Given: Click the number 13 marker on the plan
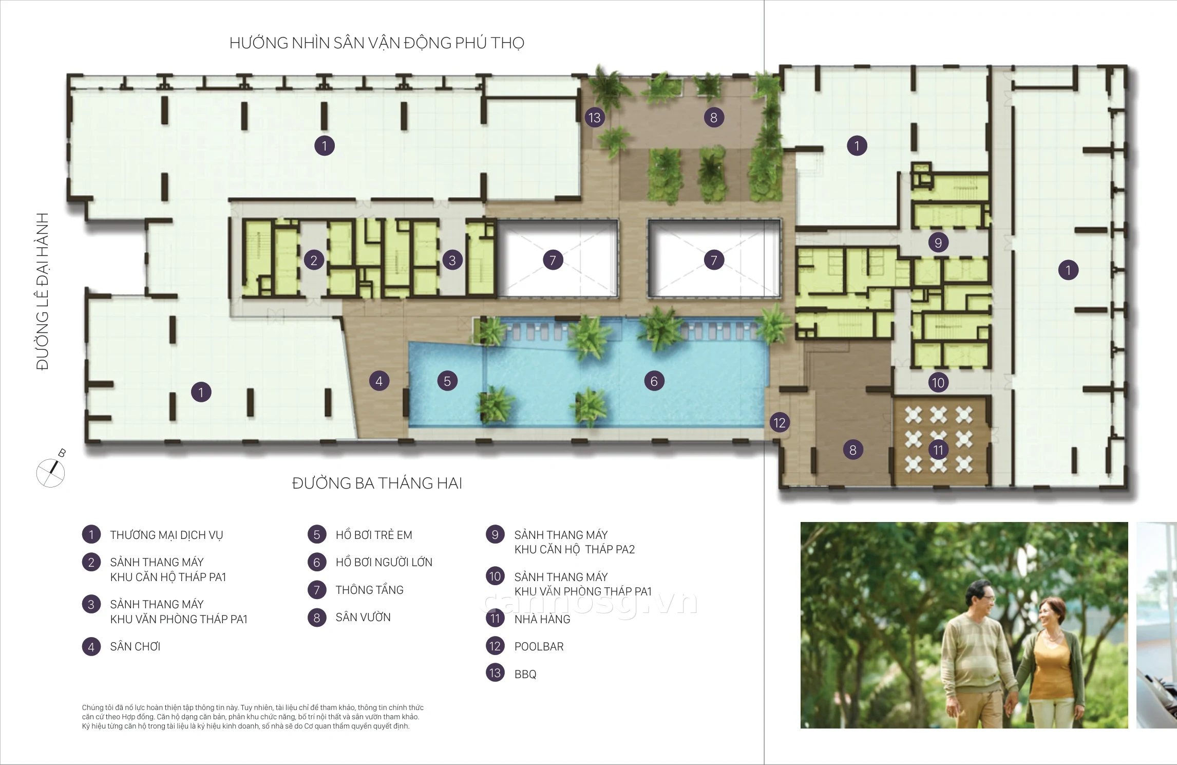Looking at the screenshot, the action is click(595, 118).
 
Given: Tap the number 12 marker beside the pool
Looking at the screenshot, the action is click(780, 423).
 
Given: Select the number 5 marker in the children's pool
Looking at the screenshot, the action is click(447, 381).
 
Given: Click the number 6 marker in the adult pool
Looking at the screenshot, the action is click(654, 381).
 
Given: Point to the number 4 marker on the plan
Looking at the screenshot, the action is click(379, 381).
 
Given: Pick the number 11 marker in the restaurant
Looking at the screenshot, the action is click(938, 450).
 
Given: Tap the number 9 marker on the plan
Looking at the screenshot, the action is click(938, 242).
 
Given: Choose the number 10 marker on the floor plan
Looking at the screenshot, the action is click(938, 382).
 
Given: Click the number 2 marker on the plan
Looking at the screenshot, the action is click(314, 260).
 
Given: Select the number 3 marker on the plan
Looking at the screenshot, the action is click(452, 260).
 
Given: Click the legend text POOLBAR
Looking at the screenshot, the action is click(539, 647).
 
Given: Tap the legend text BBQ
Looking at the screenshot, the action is click(525, 674).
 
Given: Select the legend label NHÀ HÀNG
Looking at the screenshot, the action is click(542, 619).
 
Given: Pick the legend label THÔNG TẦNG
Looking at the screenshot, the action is click(370, 590).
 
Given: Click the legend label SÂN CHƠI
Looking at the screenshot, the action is click(135, 647).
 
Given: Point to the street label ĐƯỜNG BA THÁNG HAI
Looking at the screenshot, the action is click(377, 483).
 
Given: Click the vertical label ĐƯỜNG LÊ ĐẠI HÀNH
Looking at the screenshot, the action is click(43, 291).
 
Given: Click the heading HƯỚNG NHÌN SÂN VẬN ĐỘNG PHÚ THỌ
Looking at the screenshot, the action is click(377, 43).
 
